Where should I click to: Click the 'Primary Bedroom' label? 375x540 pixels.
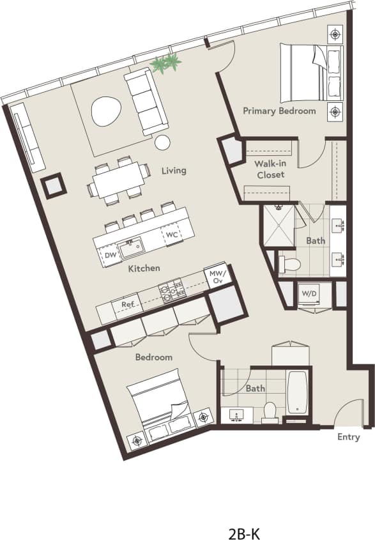pyautogui.click(x=279, y=111)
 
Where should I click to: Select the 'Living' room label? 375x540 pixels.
pyautogui.click(x=174, y=171)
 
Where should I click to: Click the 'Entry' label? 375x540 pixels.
pyautogui.click(x=348, y=437)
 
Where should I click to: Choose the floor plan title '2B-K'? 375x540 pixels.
pyautogui.click(x=244, y=516)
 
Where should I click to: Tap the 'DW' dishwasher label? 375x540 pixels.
pyautogui.click(x=111, y=256)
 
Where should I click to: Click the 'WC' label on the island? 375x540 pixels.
pyautogui.click(x=171, y=235)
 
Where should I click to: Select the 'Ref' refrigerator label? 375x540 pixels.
pyautogui.click(x=128, y=305)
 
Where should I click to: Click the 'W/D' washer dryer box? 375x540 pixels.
pyautogui.click(x=309, y=293)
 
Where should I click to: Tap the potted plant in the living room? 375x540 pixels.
pyautogui.click(x=165, y=63)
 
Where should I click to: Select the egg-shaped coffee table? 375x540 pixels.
pyautogui.click(x=105, y=113)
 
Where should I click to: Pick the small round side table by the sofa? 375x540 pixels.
pyautogui.click(x=163, y=143)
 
